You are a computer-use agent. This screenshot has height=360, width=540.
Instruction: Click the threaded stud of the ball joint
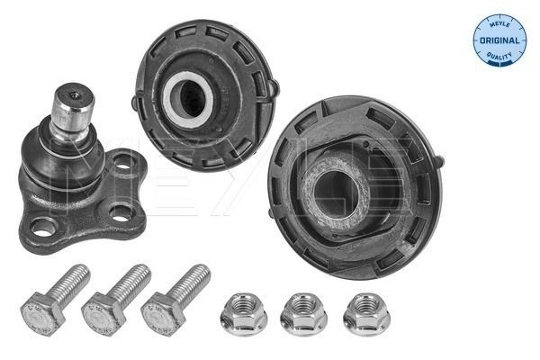point(73,106)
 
